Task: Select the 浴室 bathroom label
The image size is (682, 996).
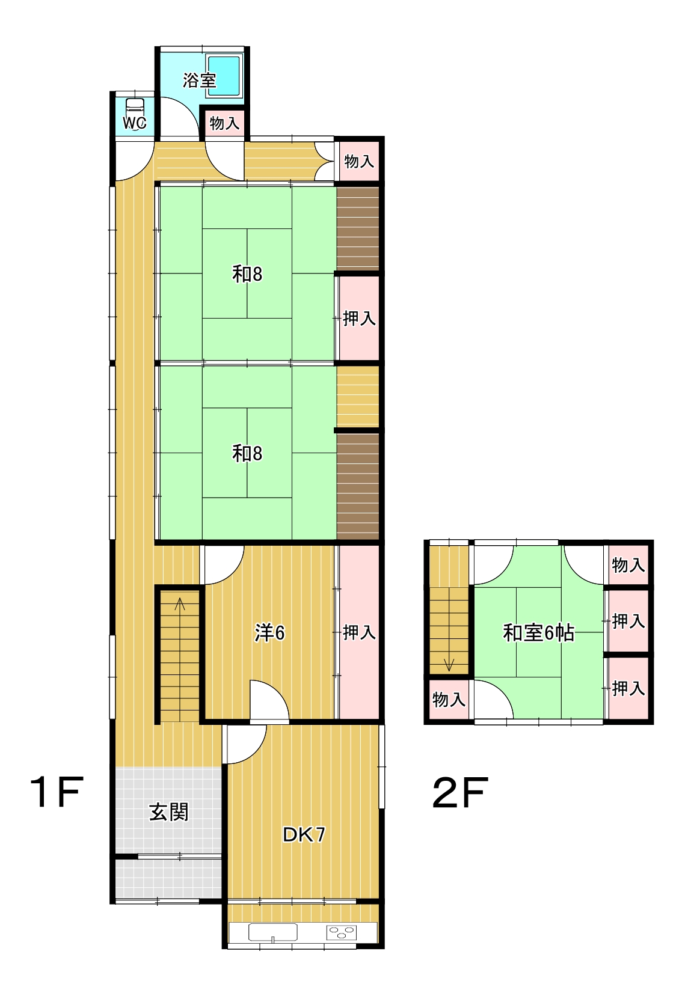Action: [199, 80]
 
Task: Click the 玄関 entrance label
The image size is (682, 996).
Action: [168, 812]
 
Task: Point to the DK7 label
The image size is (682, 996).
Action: [304, 834]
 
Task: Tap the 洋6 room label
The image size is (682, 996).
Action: [269, 633]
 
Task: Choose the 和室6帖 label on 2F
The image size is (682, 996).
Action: [538, 632]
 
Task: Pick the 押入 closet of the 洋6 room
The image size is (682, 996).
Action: [359, 632]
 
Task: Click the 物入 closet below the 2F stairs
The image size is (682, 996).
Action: [449, 700]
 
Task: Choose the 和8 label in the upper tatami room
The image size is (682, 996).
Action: [247, 274]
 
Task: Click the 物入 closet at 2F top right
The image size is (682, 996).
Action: [628, 565]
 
